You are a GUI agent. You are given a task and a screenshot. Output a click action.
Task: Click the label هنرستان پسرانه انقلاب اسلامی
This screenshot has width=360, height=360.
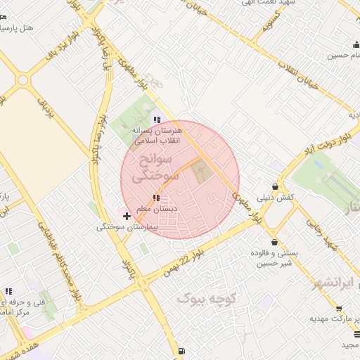click(156, 136)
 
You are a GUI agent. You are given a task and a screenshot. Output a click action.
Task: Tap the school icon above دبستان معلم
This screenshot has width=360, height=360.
click(155, 199)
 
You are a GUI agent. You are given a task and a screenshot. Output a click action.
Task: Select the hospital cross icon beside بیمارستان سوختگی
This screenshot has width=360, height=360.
click(127, 215)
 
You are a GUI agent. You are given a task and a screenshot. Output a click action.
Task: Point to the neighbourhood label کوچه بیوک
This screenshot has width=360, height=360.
click(205, 298)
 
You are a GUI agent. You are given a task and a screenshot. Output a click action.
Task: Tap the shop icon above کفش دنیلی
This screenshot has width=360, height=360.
click(274, 186)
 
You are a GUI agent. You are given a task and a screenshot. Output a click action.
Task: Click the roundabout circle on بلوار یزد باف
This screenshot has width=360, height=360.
click(22, 79)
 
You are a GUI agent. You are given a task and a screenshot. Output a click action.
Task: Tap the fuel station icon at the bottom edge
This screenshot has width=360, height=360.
click(181, 351)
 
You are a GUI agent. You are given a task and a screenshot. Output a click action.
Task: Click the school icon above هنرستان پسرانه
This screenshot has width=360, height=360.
click(157, 120)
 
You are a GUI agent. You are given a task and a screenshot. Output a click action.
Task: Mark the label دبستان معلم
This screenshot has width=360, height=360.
click(156, 209)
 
